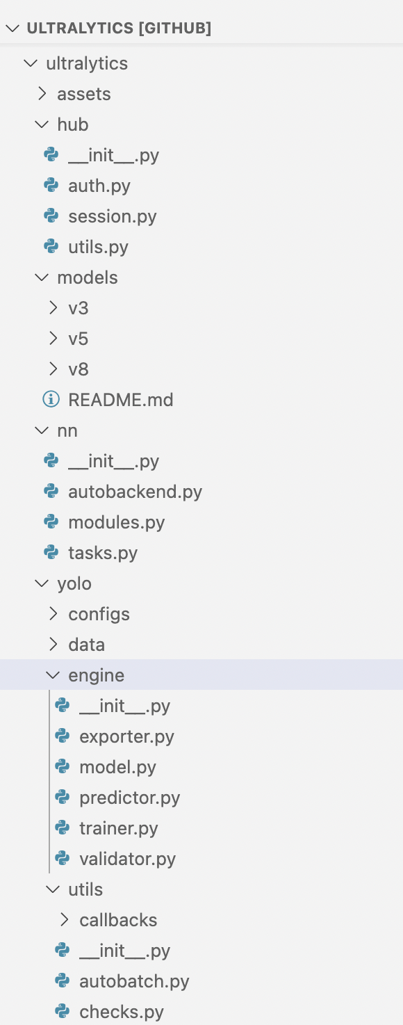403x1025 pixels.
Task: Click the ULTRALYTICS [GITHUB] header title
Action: (x=119, y=29)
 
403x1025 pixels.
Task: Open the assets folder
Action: (x=83, y=94)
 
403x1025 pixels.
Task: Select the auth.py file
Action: (x=99, y=186)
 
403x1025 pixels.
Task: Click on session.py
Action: (x=113, y=216)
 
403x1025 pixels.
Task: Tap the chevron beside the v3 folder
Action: (x=53, y=308)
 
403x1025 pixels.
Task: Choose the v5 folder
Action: (x=79, y=339)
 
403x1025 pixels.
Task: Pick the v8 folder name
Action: (x=79, y=369)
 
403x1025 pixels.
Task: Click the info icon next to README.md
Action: (x=51, y=399)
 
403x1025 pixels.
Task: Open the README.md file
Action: (x=121, y=400)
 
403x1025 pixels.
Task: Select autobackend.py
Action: (x=135, y=492)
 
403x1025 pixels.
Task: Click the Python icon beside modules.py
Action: (x=51, y=522)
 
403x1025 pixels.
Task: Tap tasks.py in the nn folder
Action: (x=103, y=553)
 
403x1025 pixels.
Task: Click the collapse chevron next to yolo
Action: (x=42, y=583)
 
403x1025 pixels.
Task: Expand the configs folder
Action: (x=99, y=615)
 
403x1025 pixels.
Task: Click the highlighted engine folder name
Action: (x=96, y=675)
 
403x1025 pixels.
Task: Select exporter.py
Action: (x=126, y=736)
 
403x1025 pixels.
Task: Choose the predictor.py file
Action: (x=130, y=798)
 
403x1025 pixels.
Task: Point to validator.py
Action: (x=128, y=859)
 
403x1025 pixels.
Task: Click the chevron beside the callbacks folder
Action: (x=65, y=920)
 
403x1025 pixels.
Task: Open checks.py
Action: (x=122, y=1012)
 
